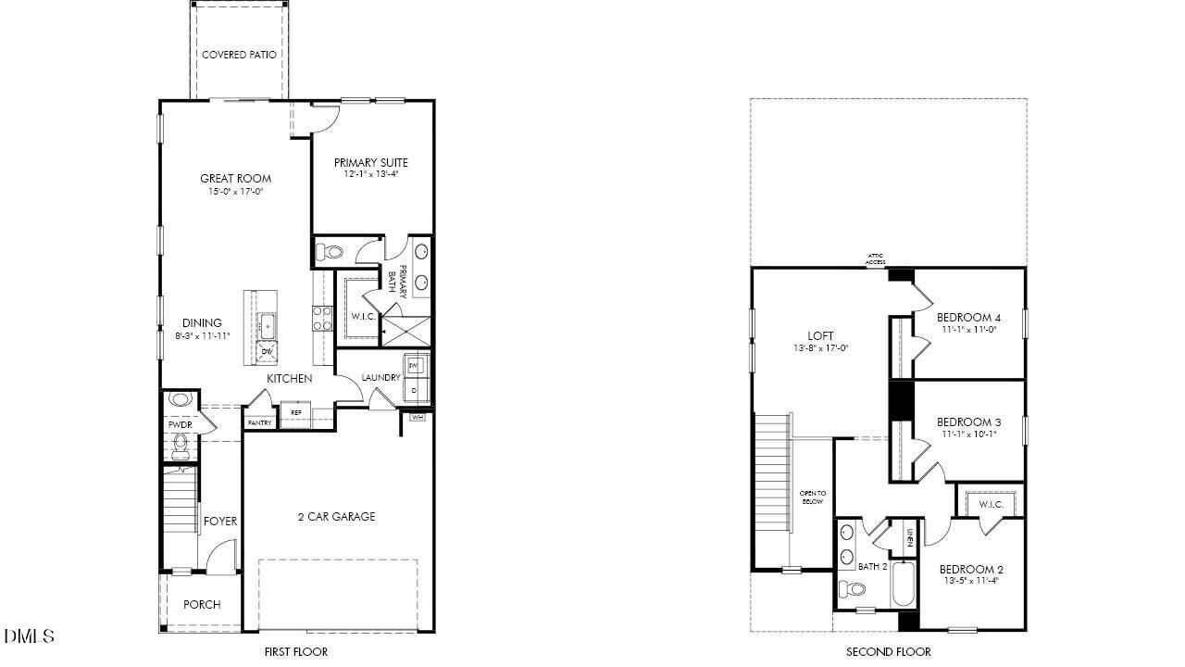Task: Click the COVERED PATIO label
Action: tap(238, 55)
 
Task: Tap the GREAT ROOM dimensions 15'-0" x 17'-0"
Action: tap(236, 193)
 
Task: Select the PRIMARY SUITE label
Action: tap(370, 162)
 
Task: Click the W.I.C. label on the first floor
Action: tap(363, 317)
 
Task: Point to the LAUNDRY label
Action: tap(380, 378)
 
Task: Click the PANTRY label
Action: tap(260, 423)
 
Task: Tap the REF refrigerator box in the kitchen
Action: tap(296, 413)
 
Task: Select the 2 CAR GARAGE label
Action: tap(337, 517)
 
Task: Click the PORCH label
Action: tap(201, 605)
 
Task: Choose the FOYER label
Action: tap(220, 522)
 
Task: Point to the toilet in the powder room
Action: tap(181, 447)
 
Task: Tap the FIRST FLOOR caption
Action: tap(295, 652)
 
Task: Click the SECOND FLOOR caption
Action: tap(888, 652)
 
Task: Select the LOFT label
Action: tap(820, 335)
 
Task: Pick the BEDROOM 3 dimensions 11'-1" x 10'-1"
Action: tap(970, 434)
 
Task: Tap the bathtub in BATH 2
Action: tap(904, 585)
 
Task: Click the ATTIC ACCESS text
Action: tap(876, 259)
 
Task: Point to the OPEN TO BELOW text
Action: tap(812, 497)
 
